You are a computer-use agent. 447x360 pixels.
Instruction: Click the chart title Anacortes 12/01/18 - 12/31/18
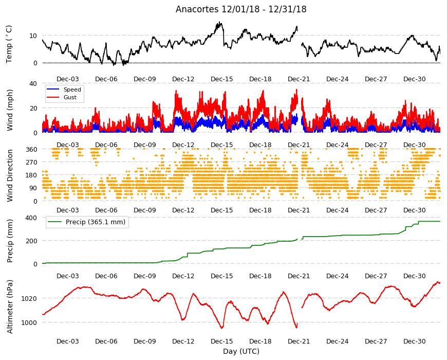(x=241, y=9)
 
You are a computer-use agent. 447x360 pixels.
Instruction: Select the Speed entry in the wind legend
(x=72, y=89)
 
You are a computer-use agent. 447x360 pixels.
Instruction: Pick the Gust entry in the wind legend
(x=70, y=97)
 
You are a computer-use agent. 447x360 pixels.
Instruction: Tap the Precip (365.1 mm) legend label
(x=96, y=222)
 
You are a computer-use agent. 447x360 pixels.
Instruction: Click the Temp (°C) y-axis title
(x=9, y=44)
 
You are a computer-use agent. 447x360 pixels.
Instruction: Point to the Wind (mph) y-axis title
(x=10, y=110)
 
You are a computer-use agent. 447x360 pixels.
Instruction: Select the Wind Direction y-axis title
(x=10, y=175)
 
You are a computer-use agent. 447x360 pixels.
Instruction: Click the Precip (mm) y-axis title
(x=10, y=241)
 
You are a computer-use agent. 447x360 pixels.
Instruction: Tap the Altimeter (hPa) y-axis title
(x=10, y=307)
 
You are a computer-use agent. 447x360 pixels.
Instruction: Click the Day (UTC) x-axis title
(x=241, y=351)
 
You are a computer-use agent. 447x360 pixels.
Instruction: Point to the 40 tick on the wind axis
(x=33, y=84)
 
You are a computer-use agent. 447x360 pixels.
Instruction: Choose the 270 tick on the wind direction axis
(x=31, y=162)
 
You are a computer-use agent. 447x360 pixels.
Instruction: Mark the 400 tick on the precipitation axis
(x=31, y=218)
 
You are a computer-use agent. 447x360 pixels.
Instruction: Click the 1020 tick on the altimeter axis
(x=29, y=298)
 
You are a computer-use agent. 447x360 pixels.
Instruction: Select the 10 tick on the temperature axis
(x=33, y=35)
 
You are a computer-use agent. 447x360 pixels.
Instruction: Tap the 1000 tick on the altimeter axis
(x=29, y=322)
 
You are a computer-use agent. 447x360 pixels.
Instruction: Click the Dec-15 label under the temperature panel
(x=222, y=79)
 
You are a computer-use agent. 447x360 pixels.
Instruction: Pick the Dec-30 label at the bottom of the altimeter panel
(x=414, y=341)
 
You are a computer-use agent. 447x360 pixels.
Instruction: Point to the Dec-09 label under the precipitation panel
(x=145, y=276)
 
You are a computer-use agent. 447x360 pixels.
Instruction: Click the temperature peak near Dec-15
(x=219, y=22)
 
